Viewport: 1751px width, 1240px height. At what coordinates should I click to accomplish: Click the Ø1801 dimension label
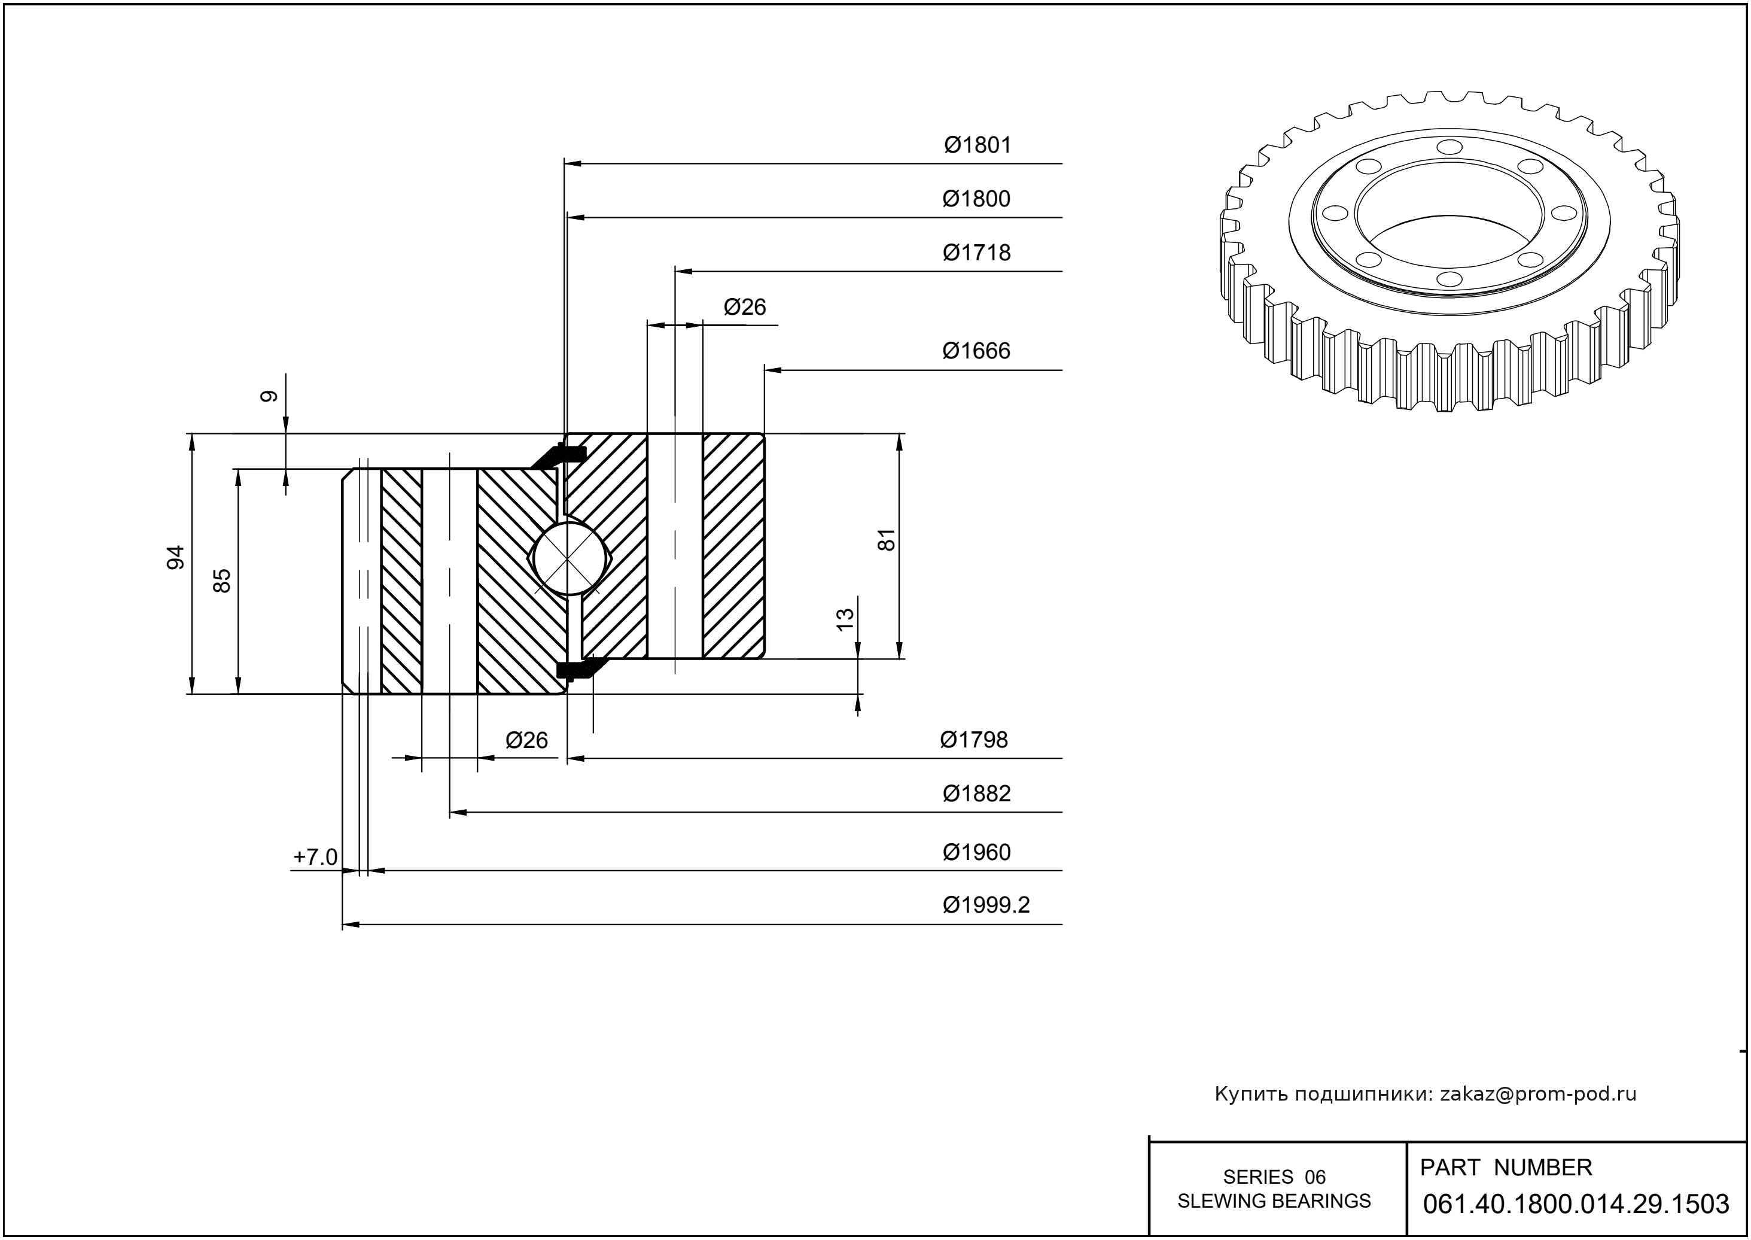click(x=977, y=145)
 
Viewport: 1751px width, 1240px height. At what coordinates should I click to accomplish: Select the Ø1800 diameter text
click(x=976, y=199)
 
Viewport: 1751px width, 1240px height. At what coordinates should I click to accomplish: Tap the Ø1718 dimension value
click(x=976, y=253)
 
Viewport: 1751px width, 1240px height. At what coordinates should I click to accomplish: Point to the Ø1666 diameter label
click(x=976, y=351)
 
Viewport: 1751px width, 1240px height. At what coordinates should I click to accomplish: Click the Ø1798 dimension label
click(x=974, y=740)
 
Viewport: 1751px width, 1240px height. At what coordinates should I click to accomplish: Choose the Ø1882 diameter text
click(x=976, y=794)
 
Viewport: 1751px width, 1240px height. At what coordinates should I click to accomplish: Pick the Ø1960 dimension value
click(x=976, y=852)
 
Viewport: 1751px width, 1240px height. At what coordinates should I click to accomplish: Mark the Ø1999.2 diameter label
click(x=986, y=905)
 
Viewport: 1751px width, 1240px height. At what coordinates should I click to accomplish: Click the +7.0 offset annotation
click(x=315, y=858)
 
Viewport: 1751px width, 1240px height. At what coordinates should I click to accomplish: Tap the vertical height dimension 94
click(x=176, y=557)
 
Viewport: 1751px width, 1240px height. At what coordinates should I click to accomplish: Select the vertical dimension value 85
click(x=222, y=581)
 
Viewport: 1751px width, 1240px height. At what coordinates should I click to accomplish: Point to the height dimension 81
click(x=887, y=540)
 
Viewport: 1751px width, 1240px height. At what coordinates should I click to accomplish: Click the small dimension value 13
click(x=845, y=619)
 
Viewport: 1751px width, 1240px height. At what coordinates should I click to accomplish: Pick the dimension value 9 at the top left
click(x=269, y=396)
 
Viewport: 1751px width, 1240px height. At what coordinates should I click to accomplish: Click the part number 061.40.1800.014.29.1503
click(x=1576, y=1204)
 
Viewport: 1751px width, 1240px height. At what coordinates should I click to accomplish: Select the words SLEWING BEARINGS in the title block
click(x=1274, y=1201)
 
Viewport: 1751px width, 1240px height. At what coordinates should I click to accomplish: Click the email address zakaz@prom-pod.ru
click(x=1537, y=1094)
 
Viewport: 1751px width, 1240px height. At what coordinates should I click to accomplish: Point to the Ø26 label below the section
click(x=526, y=740)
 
